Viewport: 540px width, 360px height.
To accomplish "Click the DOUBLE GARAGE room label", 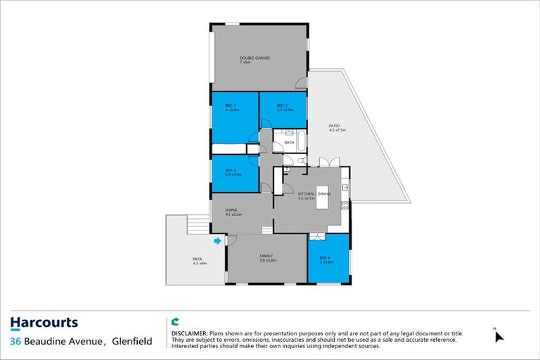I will tap(255, 58).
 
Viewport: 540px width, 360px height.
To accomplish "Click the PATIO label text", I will tap(334, 126).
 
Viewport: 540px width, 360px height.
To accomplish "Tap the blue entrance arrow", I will tap(217, 241).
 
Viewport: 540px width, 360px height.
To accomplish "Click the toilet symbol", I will tap(301, 161).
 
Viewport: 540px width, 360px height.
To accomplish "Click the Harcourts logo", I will tap(44, 323).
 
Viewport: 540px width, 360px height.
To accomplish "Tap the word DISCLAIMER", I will tap(189, 332).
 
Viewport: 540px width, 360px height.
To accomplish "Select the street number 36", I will tap(16, 342).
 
